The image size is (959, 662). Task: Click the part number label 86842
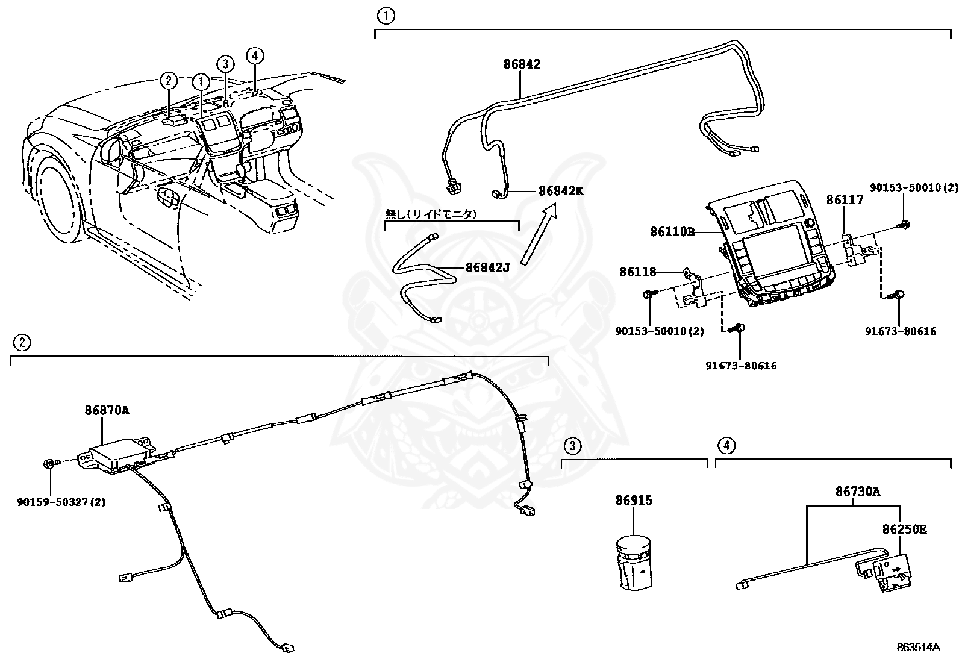(x=522, y=64)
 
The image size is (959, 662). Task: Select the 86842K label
(x=561, y=191)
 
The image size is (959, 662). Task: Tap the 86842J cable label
(x=487, y=267)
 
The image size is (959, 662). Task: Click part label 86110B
(x=672, y=231)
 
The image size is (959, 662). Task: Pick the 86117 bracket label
(x=844, y=200)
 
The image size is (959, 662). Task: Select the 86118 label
(x=638, y=272)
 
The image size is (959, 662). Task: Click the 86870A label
(x=107, y=411)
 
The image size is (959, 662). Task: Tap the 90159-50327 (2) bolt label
(x=61, y=501)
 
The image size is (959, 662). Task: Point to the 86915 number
(x=634, y=500)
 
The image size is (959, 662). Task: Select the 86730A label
(x=857, y=491)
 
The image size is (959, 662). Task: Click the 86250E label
(x=904, y=529)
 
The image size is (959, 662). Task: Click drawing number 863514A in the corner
(x=917, y=648)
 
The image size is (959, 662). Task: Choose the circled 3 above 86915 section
(x=573, y=446)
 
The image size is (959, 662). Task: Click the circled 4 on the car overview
(x=255, y=55)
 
